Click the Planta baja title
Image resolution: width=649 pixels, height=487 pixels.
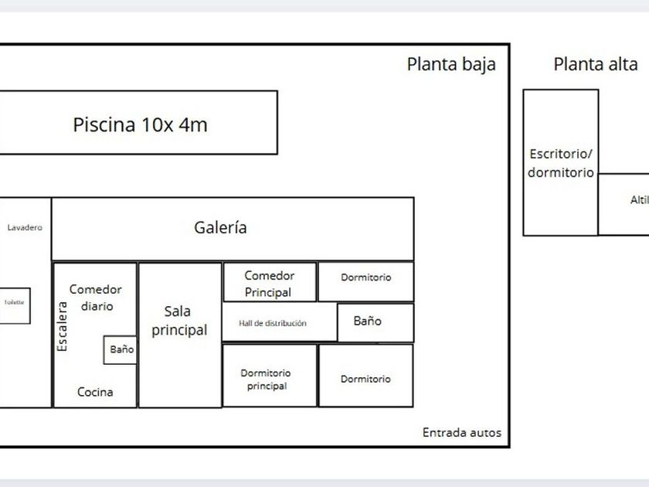point(451,65)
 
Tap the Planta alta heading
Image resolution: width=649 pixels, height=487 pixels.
point(596,65)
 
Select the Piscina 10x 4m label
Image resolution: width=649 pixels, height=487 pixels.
point(140,124)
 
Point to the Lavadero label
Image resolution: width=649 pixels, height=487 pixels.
point(25,228)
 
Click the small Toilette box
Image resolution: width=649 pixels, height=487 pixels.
point(15,303)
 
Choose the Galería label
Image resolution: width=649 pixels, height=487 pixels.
point(220,228)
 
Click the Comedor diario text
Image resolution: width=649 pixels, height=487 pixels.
point(96,298)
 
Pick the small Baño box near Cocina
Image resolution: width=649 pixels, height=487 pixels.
point(121,349)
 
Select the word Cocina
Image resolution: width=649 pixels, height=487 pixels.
point(95,392)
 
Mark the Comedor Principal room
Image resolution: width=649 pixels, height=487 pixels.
point(269,283)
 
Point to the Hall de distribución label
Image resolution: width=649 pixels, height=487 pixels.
point(273,323)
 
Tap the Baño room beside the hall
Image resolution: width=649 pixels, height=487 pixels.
point(367,322)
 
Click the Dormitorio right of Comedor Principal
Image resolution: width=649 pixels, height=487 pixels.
point(365,278)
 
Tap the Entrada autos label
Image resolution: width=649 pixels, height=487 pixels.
point(461,433)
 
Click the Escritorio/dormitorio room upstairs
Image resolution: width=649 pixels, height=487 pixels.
point(561,163)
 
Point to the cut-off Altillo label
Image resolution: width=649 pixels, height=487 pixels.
point(639,200)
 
